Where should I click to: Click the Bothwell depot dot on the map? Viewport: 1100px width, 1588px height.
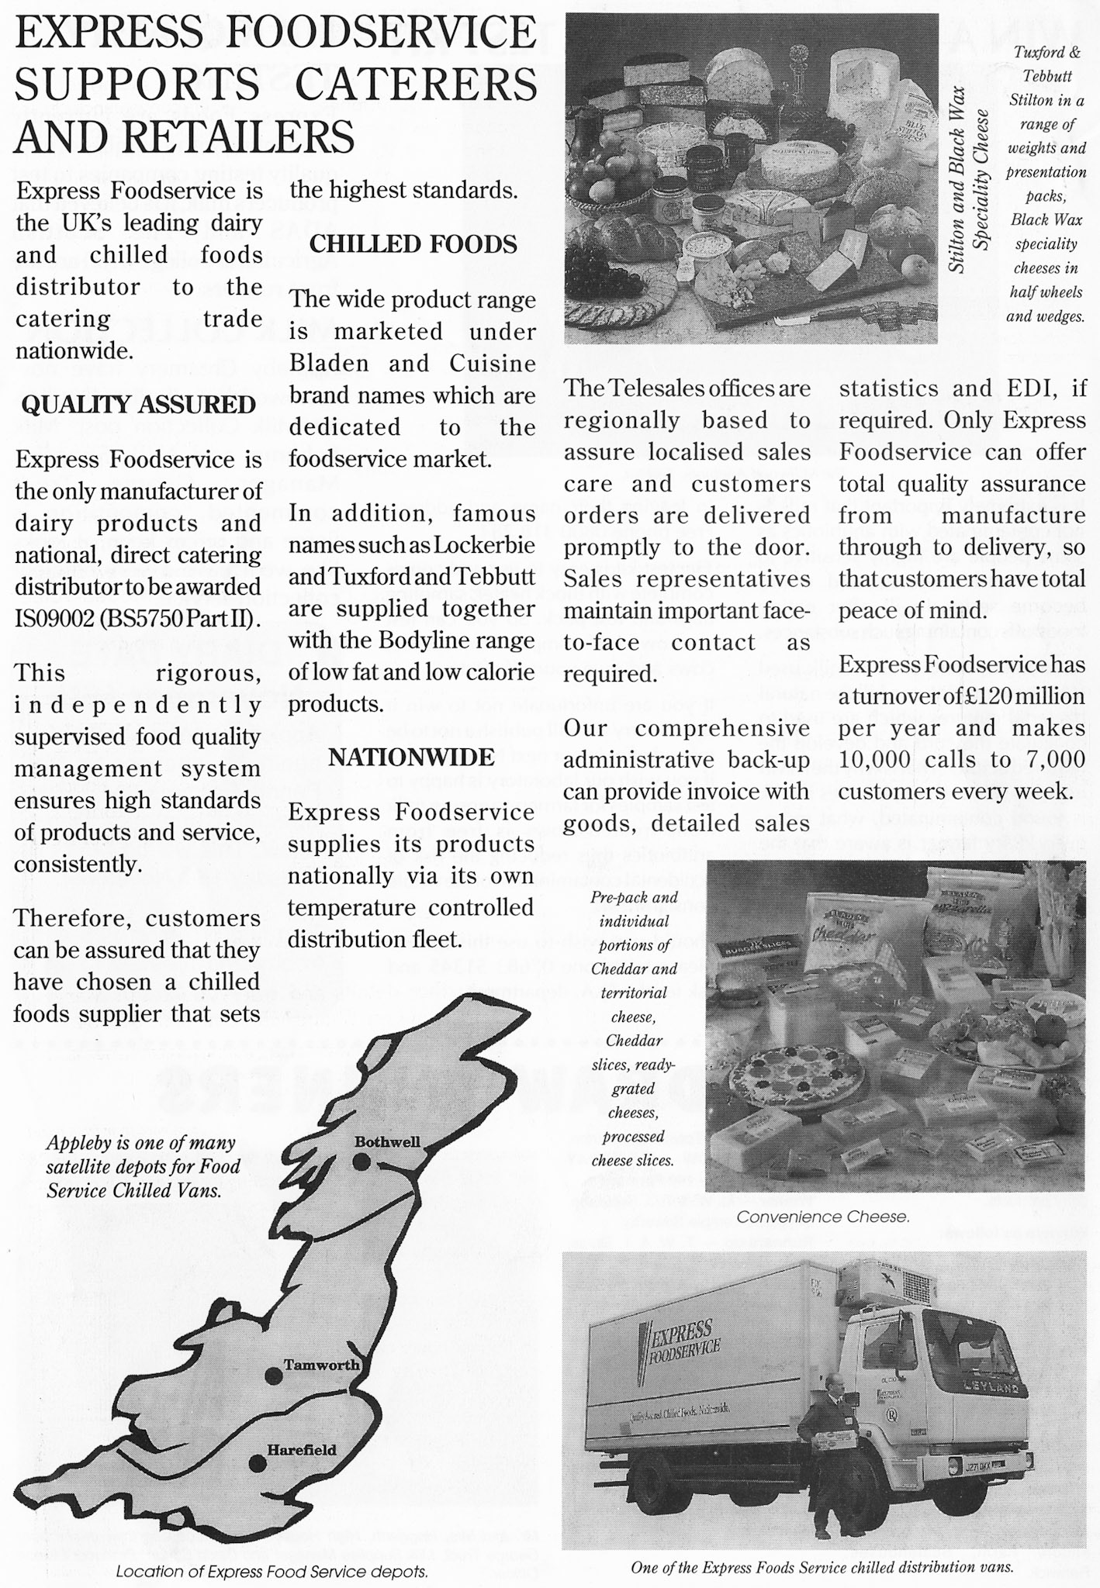click(360, 1162)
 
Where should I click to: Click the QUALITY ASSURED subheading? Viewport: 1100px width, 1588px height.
click(138, 405)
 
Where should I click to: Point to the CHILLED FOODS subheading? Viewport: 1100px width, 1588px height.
click(413, 244)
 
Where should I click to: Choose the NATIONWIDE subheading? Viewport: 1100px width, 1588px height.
click(411, 757)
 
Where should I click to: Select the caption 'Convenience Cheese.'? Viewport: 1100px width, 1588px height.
click(822, 1217)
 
